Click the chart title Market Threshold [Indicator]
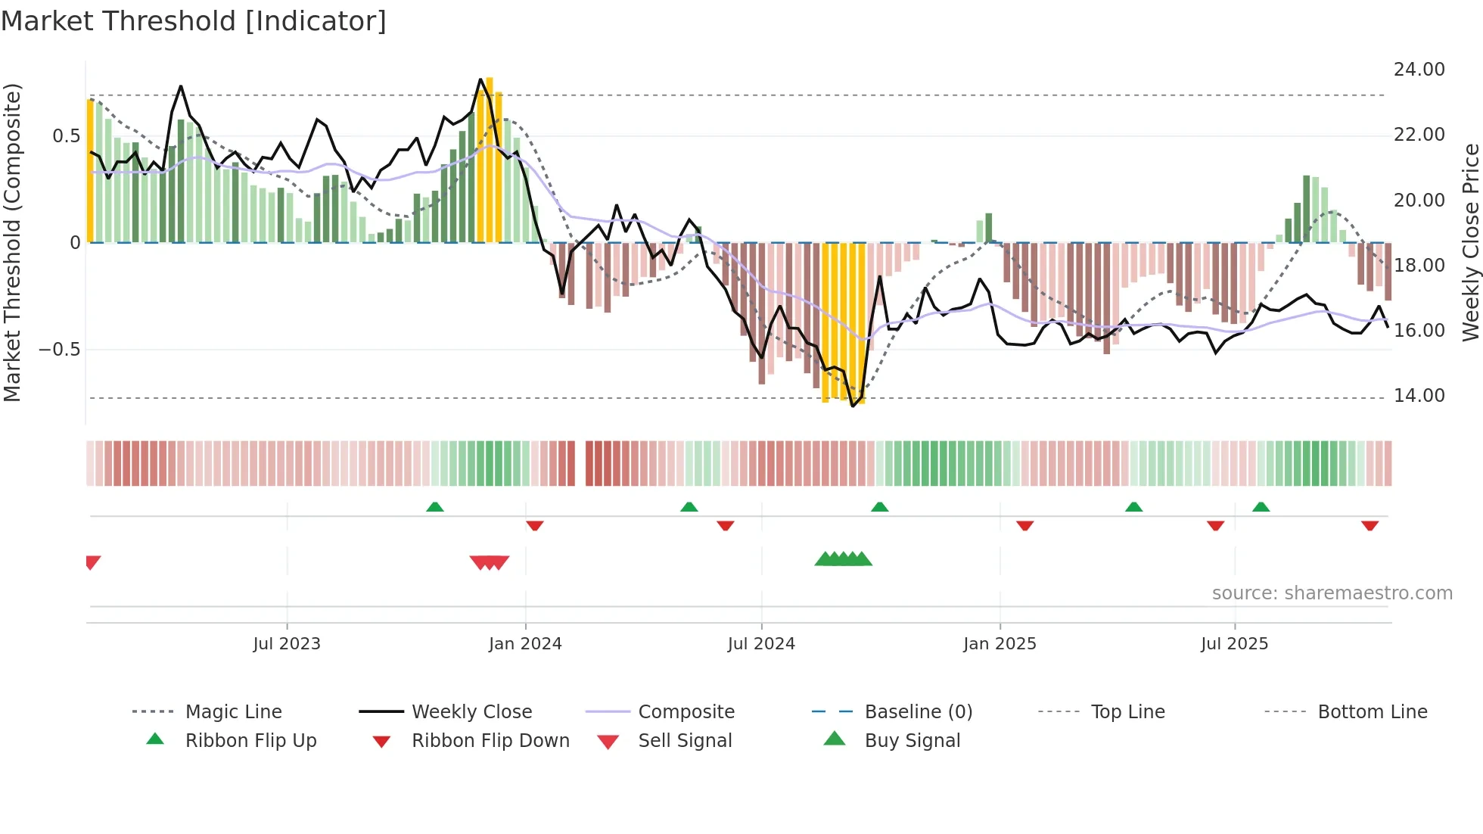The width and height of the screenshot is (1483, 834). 194,21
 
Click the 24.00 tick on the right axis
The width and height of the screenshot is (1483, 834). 1419,70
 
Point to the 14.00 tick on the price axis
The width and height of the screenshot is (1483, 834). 1419,396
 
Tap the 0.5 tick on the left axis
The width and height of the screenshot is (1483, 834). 66,136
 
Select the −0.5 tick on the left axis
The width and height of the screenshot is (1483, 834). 60,350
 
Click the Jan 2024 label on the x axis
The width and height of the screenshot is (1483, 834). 525,644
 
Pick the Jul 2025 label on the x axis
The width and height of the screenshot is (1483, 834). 1234,644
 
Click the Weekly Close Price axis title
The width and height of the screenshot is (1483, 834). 1470,242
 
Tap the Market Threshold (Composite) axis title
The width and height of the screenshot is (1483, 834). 12,242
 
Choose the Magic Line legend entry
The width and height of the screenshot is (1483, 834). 233,712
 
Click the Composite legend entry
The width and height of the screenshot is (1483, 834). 686,712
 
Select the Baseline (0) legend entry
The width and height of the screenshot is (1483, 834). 918,712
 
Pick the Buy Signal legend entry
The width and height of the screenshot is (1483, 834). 912,741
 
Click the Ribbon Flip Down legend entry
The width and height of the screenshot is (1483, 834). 490,741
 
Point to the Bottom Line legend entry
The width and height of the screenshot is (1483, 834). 1372,712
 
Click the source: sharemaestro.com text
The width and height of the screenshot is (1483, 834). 1332,593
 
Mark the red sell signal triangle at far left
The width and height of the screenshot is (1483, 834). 92,562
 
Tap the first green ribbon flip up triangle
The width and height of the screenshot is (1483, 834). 435,507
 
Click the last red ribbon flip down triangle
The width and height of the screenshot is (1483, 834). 1370,525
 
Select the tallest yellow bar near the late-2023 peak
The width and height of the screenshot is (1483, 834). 490,159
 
